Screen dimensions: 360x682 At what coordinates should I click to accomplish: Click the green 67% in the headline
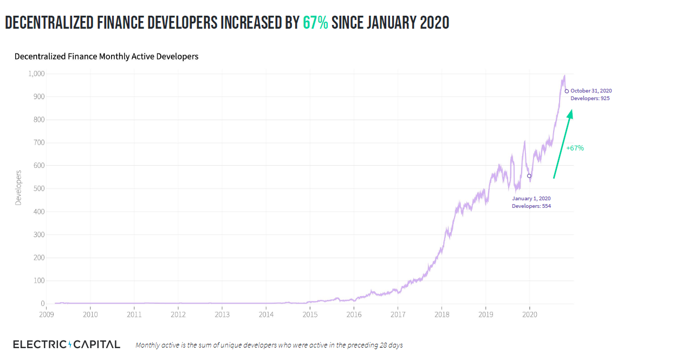[315, 23]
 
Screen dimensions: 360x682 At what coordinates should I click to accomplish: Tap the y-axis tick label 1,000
[36, 74]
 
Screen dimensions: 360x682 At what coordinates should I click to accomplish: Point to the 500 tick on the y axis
[38, 189]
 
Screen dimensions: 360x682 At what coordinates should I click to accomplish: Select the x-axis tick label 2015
[310, 314]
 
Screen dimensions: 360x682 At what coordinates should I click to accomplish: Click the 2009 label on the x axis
[47, 314]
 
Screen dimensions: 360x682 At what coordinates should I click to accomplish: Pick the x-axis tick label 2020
[529, 314]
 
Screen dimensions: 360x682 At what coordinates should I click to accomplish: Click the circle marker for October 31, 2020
[567, 91]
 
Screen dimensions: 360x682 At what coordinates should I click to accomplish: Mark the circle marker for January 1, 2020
[529, 176]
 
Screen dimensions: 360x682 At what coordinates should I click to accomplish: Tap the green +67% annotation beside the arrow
[575, 148]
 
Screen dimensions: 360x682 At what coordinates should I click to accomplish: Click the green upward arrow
[562, 144]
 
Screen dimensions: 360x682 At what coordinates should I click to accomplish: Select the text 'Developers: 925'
[590, 99]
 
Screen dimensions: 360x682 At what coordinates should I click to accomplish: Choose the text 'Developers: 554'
[531, 206]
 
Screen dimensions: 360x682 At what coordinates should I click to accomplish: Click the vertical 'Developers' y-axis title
[18, 187]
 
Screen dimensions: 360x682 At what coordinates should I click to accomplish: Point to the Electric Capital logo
[66, 345]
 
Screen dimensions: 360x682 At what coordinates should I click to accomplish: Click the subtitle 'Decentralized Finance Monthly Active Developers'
[106, 56]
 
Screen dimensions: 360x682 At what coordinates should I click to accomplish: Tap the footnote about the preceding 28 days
[269, 345]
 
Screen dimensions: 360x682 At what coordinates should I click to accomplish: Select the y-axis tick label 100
[38, 281]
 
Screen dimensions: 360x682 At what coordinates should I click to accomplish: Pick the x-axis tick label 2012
[178, 314]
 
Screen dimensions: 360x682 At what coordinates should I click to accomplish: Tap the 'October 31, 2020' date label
[591, 91]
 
